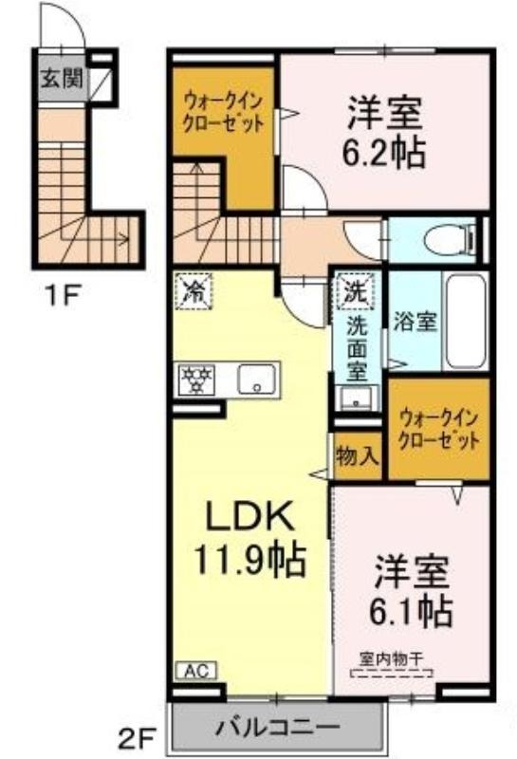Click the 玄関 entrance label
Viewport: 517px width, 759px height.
[62, 78]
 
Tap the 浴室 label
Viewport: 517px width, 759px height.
[415, 322]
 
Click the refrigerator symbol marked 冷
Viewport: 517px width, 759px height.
[194, 291]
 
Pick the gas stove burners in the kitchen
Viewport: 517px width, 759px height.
[197, 379]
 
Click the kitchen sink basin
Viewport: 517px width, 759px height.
[256, 379]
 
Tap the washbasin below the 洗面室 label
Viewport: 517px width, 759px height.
[358, 398]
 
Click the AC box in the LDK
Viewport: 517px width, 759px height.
[197, 671]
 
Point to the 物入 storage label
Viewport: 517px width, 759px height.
[358, 456]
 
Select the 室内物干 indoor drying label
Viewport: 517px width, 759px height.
[391, 658]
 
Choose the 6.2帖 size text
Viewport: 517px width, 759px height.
[384, 152]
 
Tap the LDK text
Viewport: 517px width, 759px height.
[250, 515]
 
